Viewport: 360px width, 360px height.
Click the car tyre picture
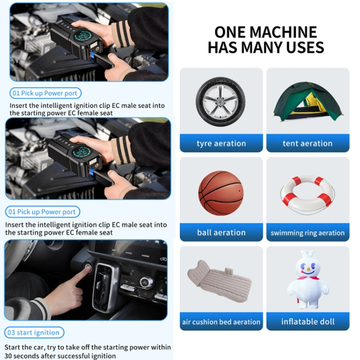click(x=221, y=101)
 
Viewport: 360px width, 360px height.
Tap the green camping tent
click(x=308, y=101)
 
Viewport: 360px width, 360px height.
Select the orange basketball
click(x=221, y=192)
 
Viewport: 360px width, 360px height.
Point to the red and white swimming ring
click(x=308, y=194)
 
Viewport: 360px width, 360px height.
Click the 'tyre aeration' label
click(x=221, y=143)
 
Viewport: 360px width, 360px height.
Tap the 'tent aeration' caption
click(x=308, y=143)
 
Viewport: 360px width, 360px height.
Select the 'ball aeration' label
click(x=221, y=232)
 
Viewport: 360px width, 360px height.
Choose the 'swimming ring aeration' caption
click(x=308, y=233)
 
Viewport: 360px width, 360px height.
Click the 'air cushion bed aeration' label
click(x=221, y=322)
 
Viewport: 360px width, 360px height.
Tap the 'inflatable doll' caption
click(x=308, y=322)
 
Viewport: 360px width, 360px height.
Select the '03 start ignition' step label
click(x=34, y=333)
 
